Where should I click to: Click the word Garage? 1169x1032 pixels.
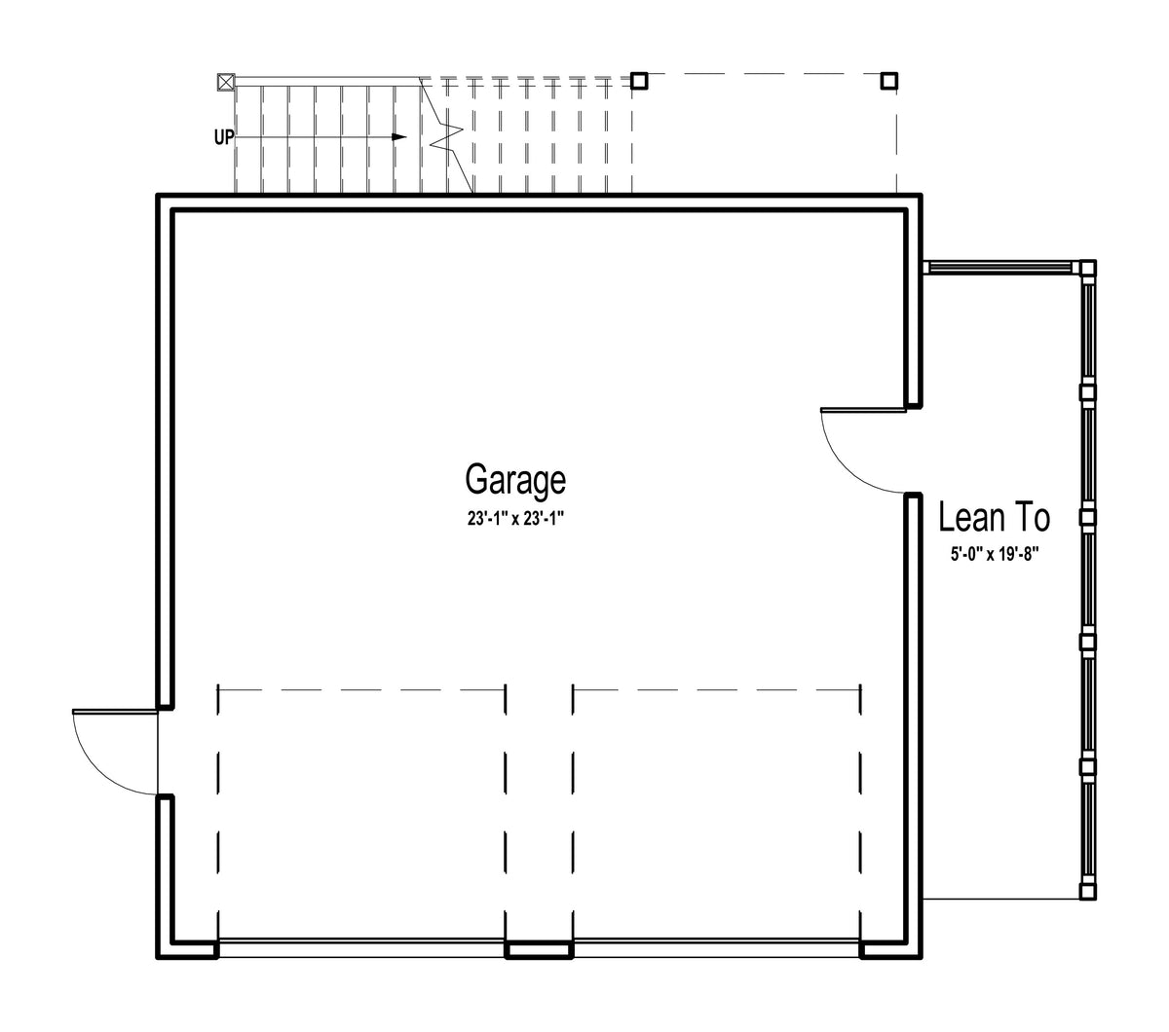coord(514,480)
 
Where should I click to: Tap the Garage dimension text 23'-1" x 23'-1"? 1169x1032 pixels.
coord(514,519)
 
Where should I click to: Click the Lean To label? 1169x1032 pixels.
coord(994,517)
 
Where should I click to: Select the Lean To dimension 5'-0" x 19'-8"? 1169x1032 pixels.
coord(995,555)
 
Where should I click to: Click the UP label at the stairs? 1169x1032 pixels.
coord(224,137)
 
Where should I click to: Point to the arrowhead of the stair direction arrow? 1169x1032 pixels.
coord(399,137)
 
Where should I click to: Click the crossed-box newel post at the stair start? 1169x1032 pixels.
coord(226,82)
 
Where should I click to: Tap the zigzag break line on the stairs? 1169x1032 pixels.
coord(445,136)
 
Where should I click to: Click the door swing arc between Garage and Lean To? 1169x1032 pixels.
coord(846,468)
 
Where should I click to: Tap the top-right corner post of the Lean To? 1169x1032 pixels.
coord(1087,268)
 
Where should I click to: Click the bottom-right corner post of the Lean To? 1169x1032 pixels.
coord(1087,892)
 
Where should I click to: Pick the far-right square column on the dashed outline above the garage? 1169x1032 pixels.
coord(889,81)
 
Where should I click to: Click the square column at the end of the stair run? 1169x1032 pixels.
coord(639,81)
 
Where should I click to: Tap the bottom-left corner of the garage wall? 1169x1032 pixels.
coord(157,958)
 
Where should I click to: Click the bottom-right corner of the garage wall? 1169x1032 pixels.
coord(922,958)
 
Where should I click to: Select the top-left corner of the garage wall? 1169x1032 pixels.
coord(157,195)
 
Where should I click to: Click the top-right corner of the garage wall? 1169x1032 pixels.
coord(922,195)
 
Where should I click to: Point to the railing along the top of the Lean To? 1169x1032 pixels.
coord(1001,267)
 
